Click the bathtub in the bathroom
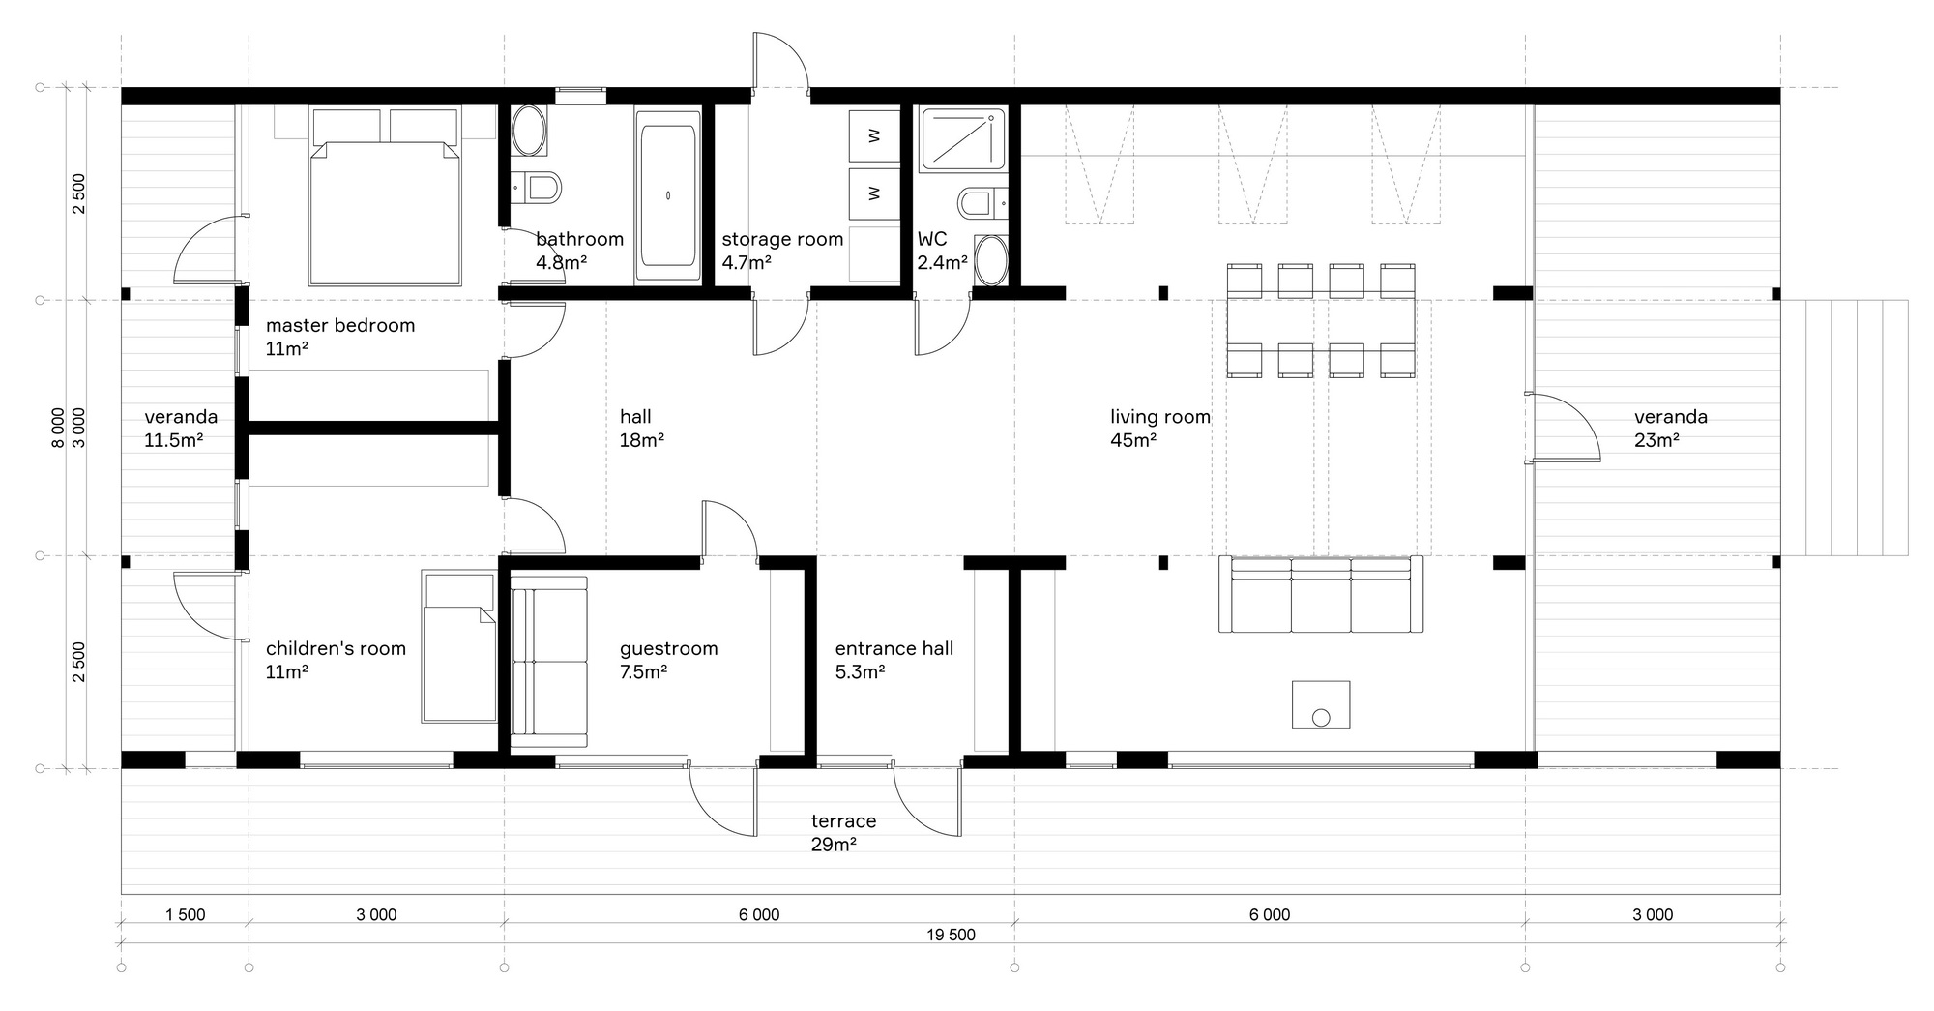pos(668,195)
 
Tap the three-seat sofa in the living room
pos(1321,595)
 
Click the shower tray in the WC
pos(961,140)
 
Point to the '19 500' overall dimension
pos(951,935)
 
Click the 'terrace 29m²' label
pos(843,832)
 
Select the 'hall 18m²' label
pos(641,429)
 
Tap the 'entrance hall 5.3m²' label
pos(894,659)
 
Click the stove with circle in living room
pos(1321,704)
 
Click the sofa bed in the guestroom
pos(549,662)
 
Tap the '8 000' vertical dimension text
pos(59,428)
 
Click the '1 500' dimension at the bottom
pos(185,914)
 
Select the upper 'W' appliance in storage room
pos(874,136)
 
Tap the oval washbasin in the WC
pos(991,260)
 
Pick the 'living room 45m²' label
pos(1159,429)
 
